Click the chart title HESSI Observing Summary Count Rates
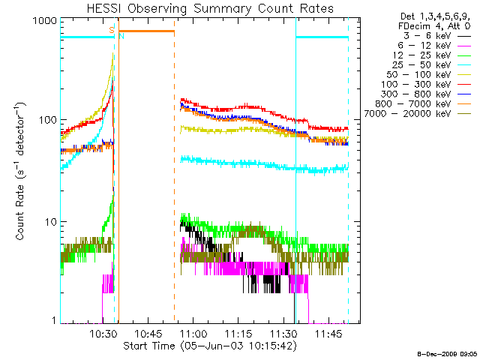pos(210,8)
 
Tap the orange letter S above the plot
pos(112,29)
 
